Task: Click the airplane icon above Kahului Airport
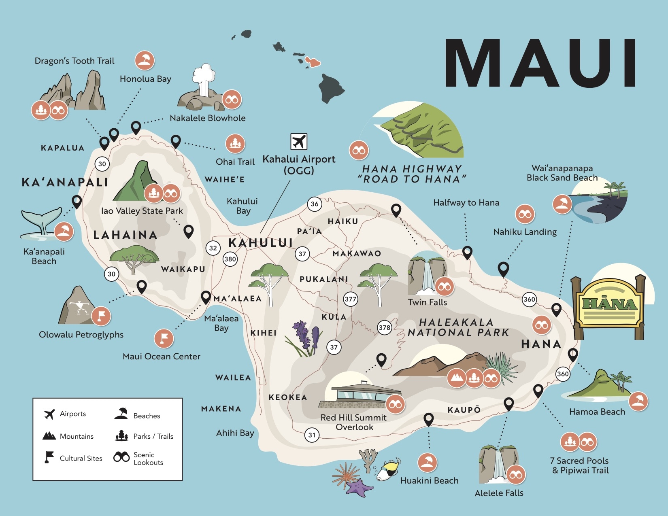(x=299, y=142)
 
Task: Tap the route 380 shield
(x=230, y=259)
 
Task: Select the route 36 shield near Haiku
(x=315, y=204)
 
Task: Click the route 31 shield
(x=312, y=435)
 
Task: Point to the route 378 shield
(x=385, y=327)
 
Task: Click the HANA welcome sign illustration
(x=609, y=306)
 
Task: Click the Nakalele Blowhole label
(x=207, y=118)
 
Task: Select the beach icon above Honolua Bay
(x=145, y=61)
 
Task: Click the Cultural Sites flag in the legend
(x=49, y=457)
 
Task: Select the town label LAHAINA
(x=125, y=235)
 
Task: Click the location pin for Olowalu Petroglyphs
(x=141, y=286)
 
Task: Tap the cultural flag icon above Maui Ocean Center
(x=164, y=338)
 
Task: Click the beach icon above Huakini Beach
(x=427, y=463)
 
